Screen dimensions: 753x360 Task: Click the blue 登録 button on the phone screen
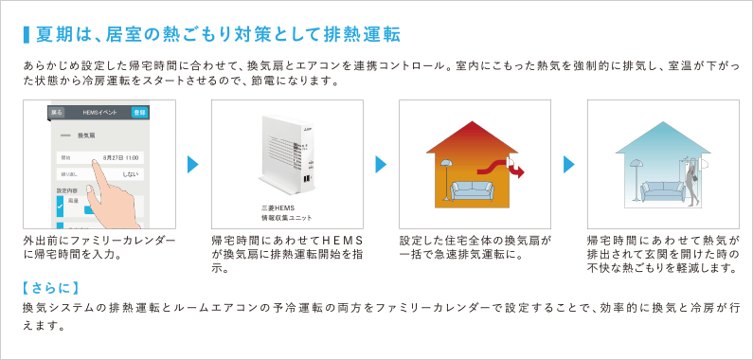click(139, 112)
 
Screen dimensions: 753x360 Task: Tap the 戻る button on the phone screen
click(58, 112)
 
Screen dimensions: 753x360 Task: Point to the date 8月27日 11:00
click(121, 157)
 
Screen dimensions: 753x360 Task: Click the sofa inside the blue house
click(657, 189)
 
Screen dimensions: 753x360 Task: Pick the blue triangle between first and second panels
click(193, 165)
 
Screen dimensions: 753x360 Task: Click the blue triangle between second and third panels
click(381, 165)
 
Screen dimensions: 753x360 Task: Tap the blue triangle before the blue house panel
click(569, 165)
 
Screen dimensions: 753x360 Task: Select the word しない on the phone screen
click(131, 175)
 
